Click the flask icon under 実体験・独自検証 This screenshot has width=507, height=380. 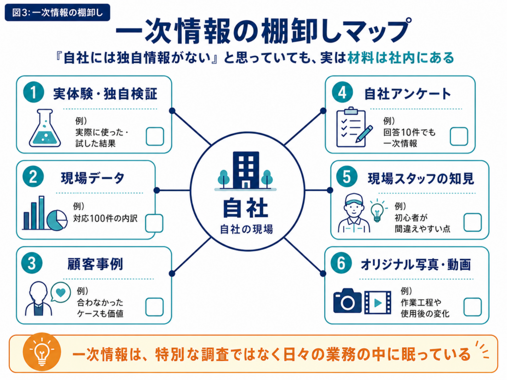coord(45,128)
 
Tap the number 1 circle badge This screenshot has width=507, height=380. coord(33,92)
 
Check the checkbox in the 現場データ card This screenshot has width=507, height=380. coord(154,223)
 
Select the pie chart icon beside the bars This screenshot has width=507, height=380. coord(57,220)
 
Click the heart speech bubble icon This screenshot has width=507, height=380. coord(60,292)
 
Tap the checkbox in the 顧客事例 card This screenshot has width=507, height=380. coord(154,307)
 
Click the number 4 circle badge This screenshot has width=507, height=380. coord(343,92)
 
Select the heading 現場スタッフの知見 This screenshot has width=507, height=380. coord(421,178)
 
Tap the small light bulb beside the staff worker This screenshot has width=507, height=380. coord(377,210)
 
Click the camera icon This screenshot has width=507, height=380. coord(347,301)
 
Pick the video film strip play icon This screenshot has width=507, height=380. coord(378,302)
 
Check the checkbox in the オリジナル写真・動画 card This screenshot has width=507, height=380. coord(472,307)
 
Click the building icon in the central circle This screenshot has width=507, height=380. coord(246,171)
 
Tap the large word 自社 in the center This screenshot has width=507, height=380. coord(246,208)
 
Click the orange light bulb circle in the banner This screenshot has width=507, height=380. coord(42,352)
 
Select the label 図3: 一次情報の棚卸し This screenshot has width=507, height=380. coord(57,12)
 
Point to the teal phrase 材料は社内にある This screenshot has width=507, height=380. coord(401,57)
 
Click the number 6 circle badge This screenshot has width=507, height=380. coord(341,263)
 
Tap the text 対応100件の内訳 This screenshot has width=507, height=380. coord(105,218)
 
